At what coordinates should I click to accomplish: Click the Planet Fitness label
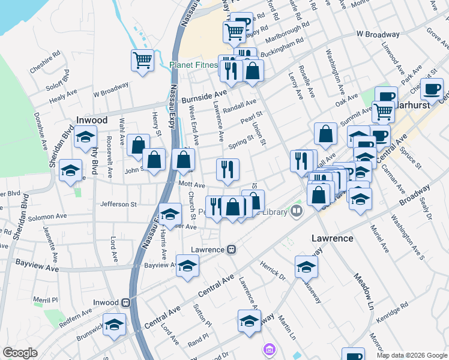[x=193, y=65]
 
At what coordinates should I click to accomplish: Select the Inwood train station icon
[x=125, y=303]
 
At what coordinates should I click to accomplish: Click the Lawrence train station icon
[x=231, y=250]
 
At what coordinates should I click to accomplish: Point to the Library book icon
[x=297, y=211]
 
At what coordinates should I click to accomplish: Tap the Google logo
[x=20, y=353]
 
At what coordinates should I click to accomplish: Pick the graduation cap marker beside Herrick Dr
[x=306, y=266]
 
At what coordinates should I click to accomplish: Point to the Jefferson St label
[x=118, y=204]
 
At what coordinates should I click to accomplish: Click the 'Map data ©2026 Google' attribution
[x=411, y=355]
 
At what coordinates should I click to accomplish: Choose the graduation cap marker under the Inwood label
[x=85, y=137]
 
